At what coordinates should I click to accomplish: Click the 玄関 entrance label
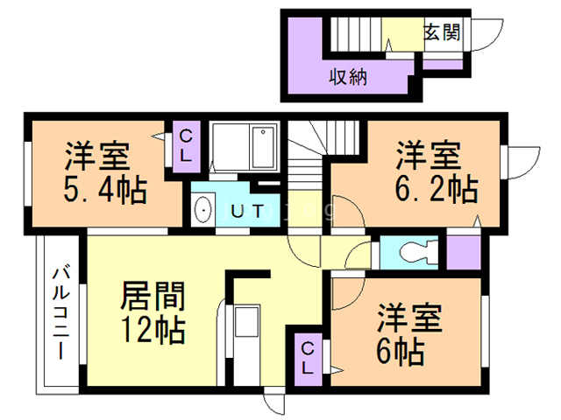pyautogui.click(x=442, y=32)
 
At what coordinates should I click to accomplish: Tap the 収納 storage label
pyautogui.click(x=348, y=76)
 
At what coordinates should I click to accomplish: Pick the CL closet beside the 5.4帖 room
pyautogui.click(x=187, y=145)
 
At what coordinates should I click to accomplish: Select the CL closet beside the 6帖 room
pyautogui.click(x=308, y=358)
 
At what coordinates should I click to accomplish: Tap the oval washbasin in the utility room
pyautogui.click(x=204, y=211)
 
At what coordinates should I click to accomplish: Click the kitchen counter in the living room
pyautogui.click(x=245, y=337)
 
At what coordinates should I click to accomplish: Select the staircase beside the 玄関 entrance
pyautogui.click(x=359, y=34)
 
